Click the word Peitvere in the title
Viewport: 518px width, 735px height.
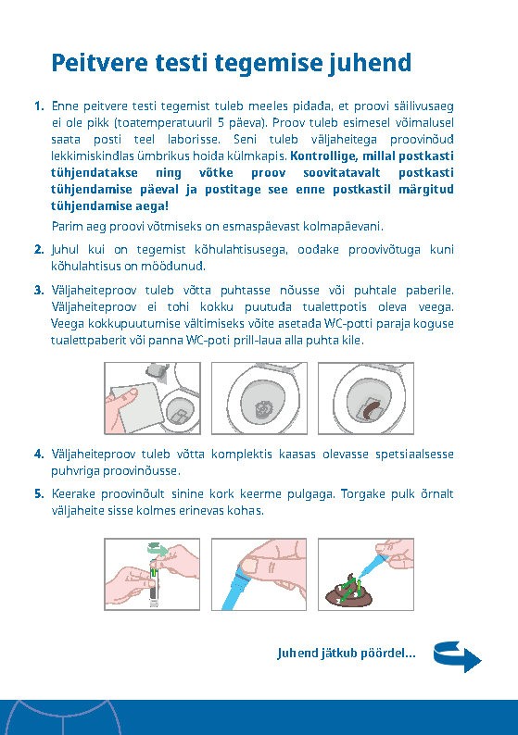point(99,63)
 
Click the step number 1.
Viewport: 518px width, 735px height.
point(39,106)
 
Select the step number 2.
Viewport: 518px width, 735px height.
point(39,249)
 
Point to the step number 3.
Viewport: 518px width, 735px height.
point(39,290)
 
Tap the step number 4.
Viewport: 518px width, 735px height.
point(39,454)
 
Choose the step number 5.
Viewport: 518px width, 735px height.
point(39,493)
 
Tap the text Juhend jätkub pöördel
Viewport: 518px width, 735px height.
point(347,653)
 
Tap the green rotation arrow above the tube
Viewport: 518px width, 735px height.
point(158,547)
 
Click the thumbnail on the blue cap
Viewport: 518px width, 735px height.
point(249,566)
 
